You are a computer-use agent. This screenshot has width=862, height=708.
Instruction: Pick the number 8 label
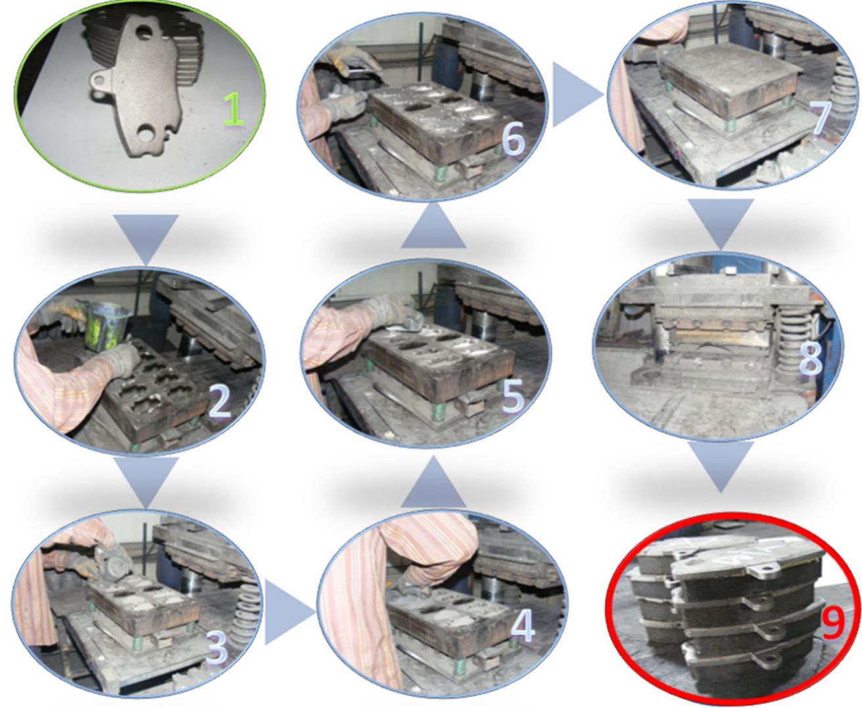click(x=809, y=359)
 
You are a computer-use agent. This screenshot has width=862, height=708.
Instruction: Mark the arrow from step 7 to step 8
click(x=721, y=224)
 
